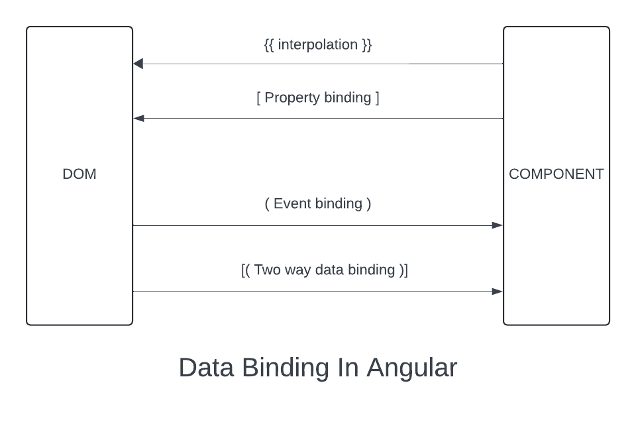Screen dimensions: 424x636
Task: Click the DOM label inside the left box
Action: click(x=79, y=174)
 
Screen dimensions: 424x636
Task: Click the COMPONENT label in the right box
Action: click(x=556, y=174)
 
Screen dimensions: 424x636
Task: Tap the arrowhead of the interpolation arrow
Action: click(x=138, y=64)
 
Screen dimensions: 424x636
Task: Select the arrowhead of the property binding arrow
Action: click(x=138, y=119)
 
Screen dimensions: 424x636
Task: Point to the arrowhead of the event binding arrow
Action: click(x=498, y=225)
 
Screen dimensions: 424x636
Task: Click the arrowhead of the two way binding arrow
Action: click(x=498, y=291)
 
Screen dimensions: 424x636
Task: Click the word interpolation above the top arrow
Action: click(x=318, y=45)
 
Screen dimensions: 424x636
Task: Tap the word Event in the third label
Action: click(x=293, y=203)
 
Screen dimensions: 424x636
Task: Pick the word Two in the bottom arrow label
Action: click(x=268, y=270)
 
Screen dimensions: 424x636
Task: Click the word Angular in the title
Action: click(x=412, y=368)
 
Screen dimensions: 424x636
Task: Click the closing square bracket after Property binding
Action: click(x=377, y=98)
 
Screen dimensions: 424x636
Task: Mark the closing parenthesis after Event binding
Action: click(x=368, y=203)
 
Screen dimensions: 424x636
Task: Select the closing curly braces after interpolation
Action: click(x=367, y=45)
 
